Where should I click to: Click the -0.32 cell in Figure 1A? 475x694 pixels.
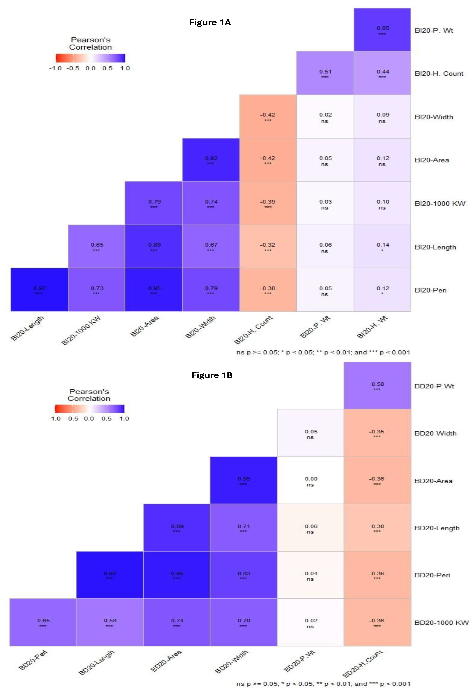coord(268,246)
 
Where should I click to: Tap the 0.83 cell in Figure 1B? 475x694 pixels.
coord(243,575)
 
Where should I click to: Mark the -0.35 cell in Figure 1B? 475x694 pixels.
coord(377,433)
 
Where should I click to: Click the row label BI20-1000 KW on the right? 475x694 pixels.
coord(440,204)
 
